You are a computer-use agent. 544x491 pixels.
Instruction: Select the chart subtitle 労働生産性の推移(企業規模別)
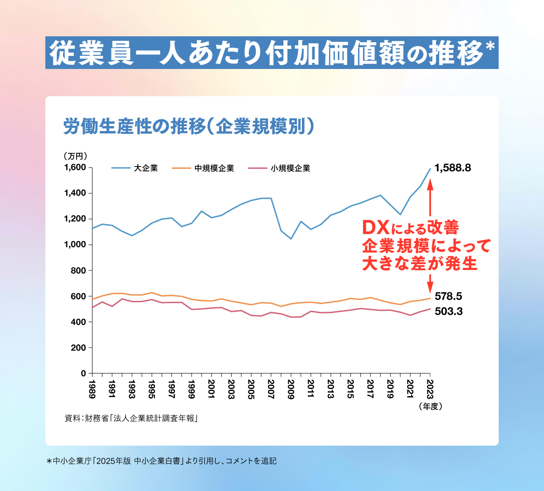pyautogui.click(x=189, y=127)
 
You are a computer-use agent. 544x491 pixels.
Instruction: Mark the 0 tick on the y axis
pyautogui.click(x=83, y=373)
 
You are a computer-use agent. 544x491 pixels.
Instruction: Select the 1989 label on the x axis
pyautogui.click(x=92, y=389)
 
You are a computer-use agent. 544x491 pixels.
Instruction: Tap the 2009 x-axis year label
pyautogui.click(x=291, y=389)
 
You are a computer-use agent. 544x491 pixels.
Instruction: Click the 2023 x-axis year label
pyautogui.click(x=430, y=389)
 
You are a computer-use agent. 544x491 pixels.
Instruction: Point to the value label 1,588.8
pyautogui.click(x=452, y=168)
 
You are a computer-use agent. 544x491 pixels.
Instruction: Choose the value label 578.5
pyautogui.click(x=448, y=297)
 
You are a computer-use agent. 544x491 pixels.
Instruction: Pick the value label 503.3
pyautogui.click(x=448, y=312)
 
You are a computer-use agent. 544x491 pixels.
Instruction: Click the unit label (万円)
pyautogui.click(x=75, y=156)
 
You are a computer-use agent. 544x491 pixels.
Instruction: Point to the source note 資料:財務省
pyautogui.click(x=132, y=418)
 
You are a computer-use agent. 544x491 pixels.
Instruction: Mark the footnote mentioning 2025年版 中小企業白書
pyautogui.click(x=161, y=461)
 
